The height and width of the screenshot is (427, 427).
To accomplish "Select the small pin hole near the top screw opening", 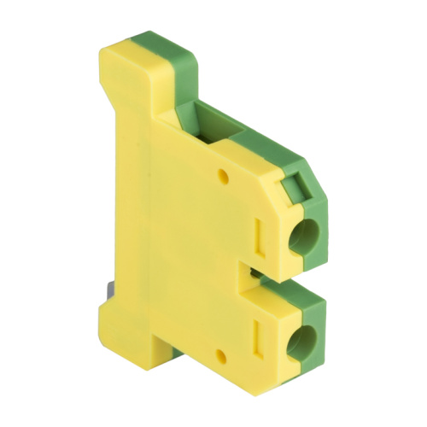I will (x=224, y=177).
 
